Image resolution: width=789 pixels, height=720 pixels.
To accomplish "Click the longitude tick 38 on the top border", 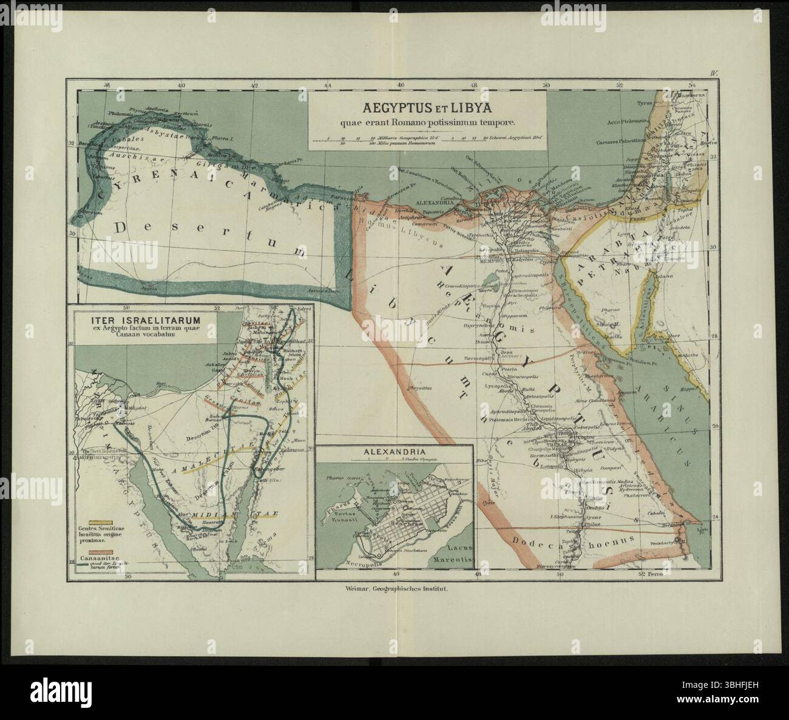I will pyautogui.click(x=107, y=86).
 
